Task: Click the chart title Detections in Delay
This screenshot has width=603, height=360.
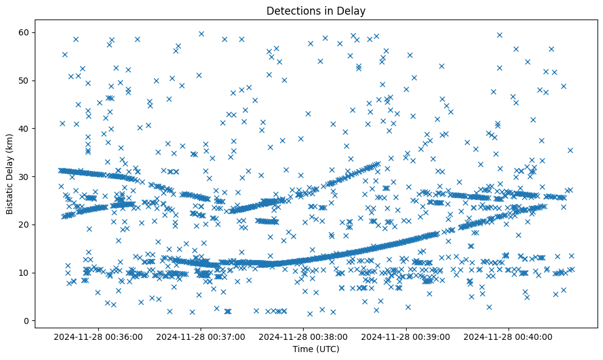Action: tap(316, 10)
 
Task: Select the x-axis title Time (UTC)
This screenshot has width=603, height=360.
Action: tap(316, 349)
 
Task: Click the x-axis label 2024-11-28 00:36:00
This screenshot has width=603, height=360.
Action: tap(98, 336)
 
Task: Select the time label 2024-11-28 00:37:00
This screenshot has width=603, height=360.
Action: tap(201, 336)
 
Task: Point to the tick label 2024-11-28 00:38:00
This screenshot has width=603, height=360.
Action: tap(303, 336)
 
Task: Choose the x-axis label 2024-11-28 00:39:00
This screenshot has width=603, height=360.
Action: tap(405, 336)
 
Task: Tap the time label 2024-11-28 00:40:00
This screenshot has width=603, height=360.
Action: tap(508, 336)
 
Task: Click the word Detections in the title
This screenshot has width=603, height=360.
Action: tap(291, 10)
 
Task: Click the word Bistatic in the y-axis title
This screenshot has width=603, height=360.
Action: tap(10, 196)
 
